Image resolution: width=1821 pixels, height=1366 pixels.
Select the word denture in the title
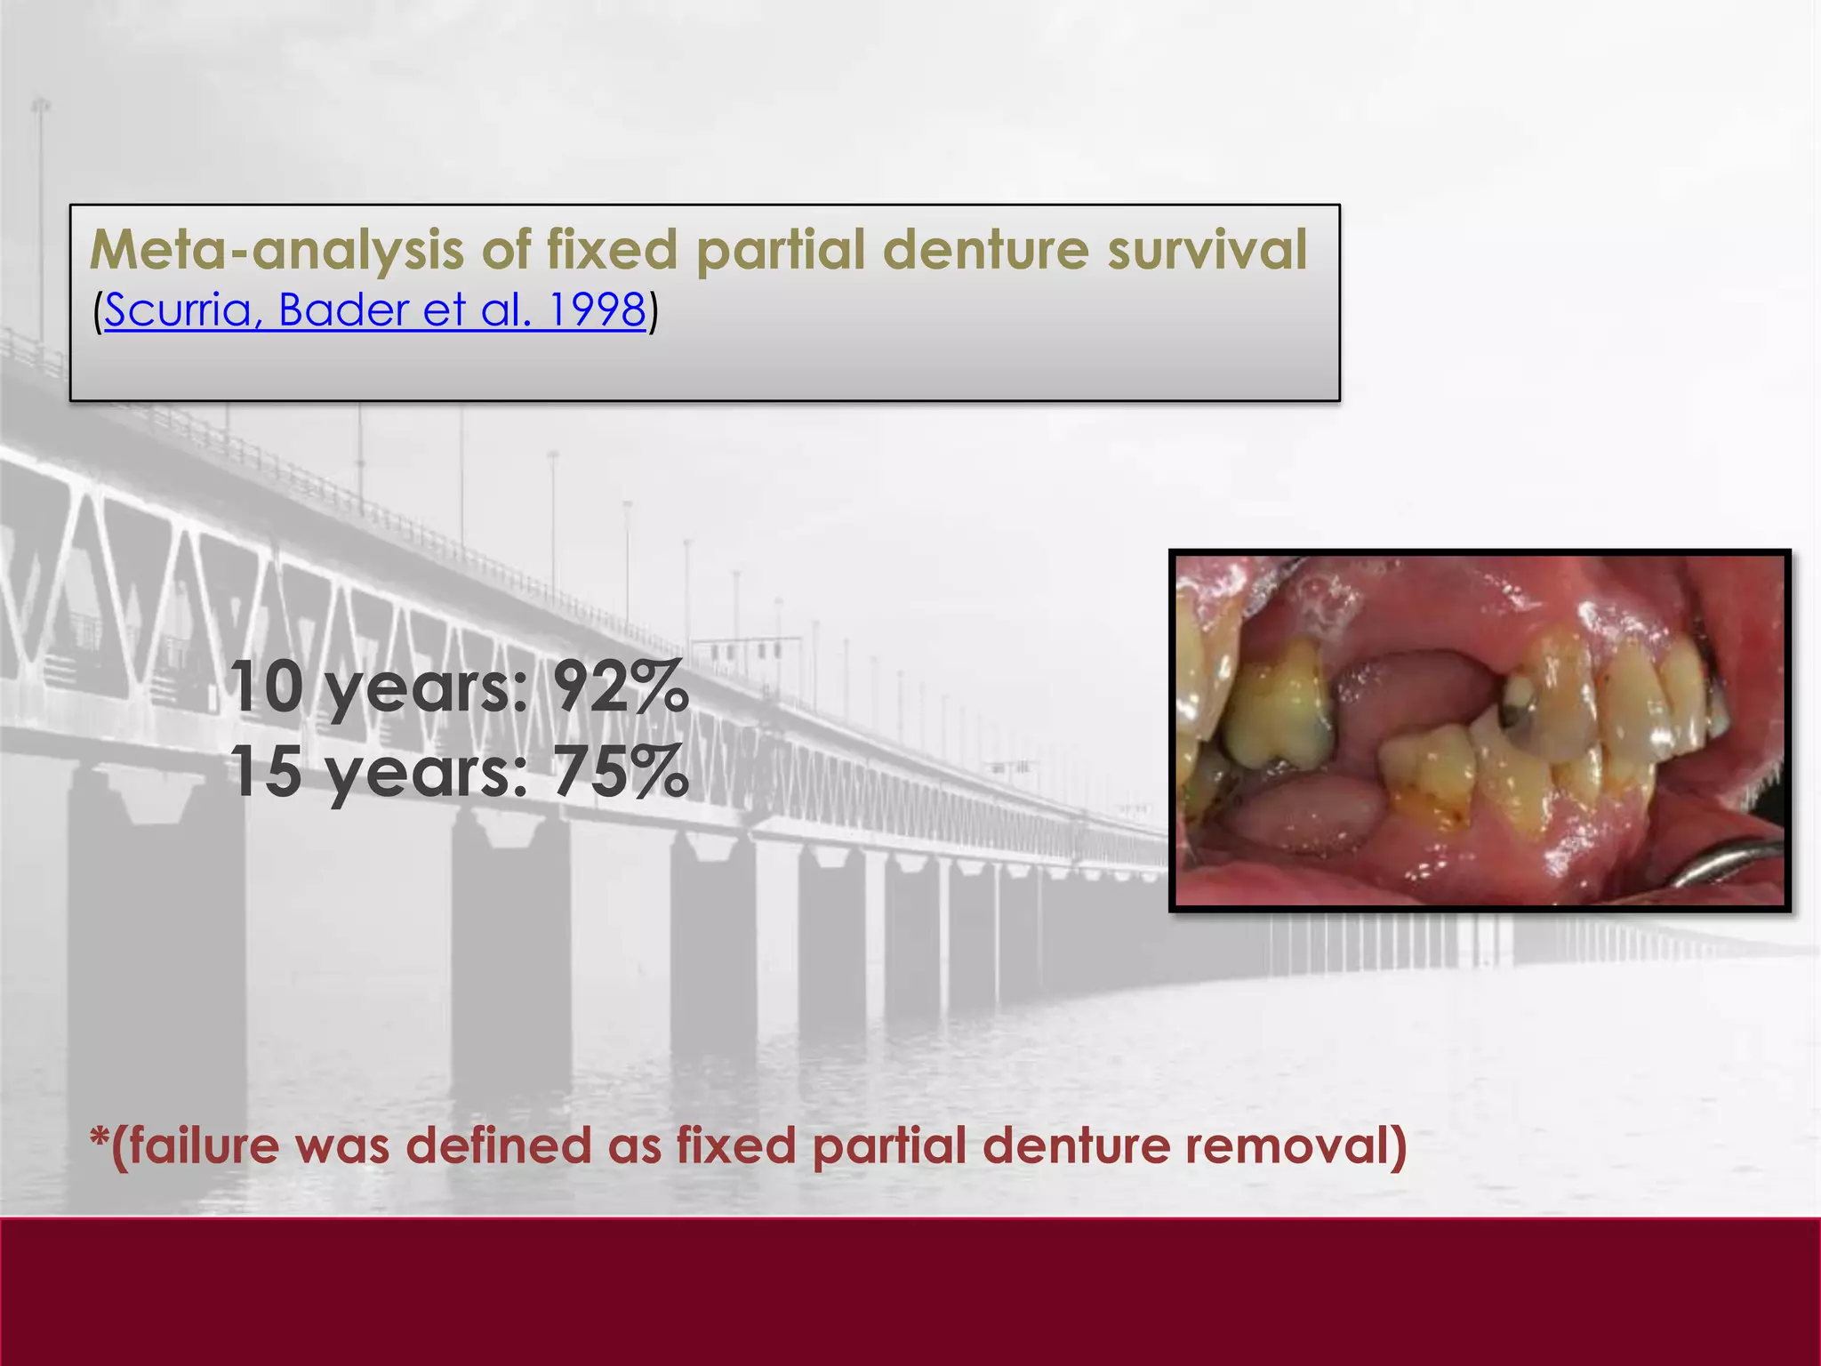(984, 250)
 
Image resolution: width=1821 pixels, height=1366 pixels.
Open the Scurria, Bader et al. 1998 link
(374, 310)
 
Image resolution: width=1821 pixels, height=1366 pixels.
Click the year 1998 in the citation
(597, 310)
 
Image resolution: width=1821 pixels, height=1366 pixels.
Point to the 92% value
(621, 687)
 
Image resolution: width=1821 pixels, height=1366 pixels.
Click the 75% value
(621, 771)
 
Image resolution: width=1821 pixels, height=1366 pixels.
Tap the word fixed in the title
(612, 250)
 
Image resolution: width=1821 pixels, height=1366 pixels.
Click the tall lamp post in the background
(41, 222)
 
